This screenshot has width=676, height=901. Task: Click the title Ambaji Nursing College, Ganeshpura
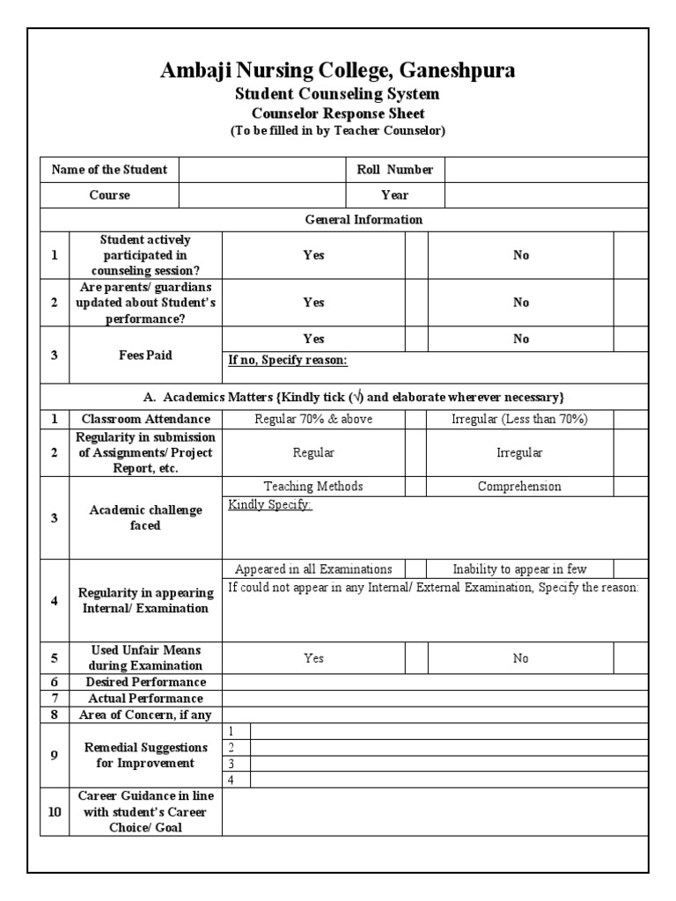(x=338, y=71)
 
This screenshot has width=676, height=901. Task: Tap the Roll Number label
(x=394, y=170)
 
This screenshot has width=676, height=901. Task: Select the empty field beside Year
(x=546, y=195)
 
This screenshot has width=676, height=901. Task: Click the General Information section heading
(x=363, y=220)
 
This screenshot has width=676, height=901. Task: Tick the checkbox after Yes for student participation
(x=415, y=255)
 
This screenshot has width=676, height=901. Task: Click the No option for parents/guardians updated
(x=521, y=303)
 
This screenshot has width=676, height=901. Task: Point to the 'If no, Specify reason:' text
(x=287, y=360)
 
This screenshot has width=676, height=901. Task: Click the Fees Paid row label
(x=146, y=355)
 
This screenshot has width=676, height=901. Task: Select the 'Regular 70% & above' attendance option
(x=313, y=419)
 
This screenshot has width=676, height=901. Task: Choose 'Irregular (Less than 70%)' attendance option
(x=519, y=419)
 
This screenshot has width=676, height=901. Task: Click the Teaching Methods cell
(x=313, y=487)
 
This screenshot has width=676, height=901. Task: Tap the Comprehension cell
(x=519, y=487)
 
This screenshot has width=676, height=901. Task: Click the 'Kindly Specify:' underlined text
(x=269, y=505)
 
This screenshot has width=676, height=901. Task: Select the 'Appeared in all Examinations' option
(x=313, y=569)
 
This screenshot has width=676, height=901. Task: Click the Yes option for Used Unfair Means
(x=313, y=658)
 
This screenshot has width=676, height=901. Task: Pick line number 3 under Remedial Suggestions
(x=231, y=763)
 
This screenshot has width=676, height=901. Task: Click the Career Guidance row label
(x=146, y=811)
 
